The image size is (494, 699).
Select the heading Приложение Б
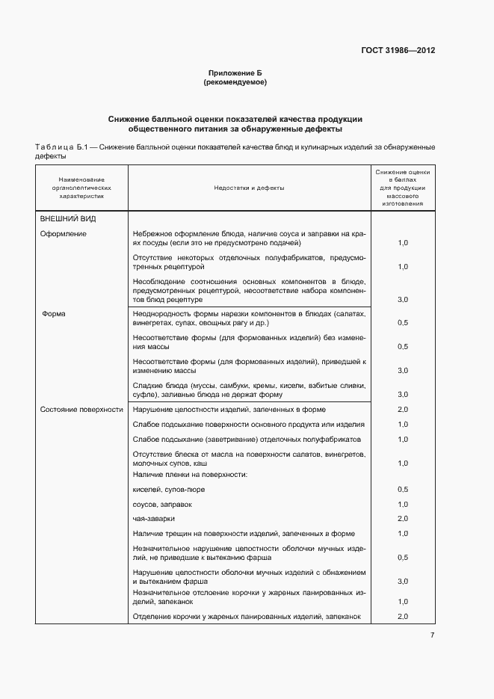pyautogui.click(x=235, y=73)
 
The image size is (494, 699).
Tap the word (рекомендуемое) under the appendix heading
pyautogui.click(x=235, y=82)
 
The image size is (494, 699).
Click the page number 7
pyautogui.click(x=432, y=635)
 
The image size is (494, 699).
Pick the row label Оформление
pyautogui.click(x=64, y=233)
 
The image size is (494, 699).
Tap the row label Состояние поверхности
pyautogui.click(x=81, y=410)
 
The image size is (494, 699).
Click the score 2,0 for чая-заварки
pyautogui.click(x=402, y=518)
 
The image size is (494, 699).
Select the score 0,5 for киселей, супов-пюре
pyautogui.click(x=402, y=489)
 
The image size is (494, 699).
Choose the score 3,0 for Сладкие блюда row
pyautogui.click(x=402, y=394)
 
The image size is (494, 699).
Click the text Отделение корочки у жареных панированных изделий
pyautogui.click(x=247, y=616)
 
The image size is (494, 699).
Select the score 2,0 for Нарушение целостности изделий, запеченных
pyautogui.click(x=402, y=410)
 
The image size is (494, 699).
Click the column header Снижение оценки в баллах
pyautogui.click(x=402, y=188)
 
